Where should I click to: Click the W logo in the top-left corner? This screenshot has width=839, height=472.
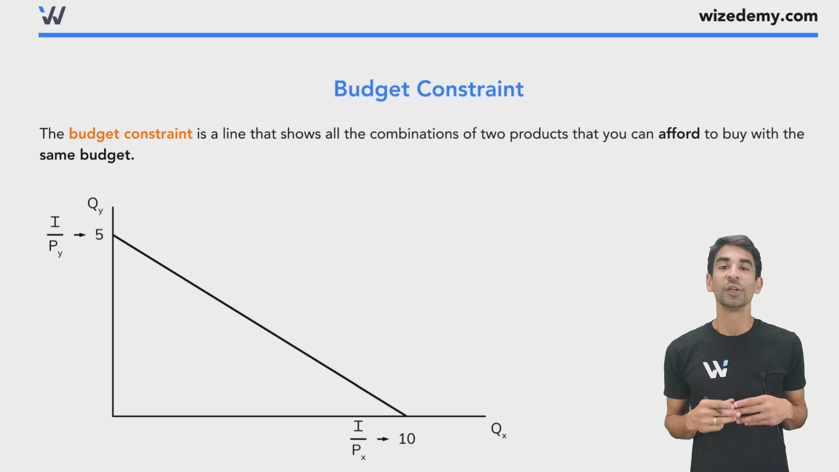click(x=52, y=16)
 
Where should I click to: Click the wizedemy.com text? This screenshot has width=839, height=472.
click(x=758, y=16)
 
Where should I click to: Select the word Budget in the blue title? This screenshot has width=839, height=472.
click(x=371, y=89)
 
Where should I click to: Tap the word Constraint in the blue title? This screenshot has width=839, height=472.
click(x=470, y=89)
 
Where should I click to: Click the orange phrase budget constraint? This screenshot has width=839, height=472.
click(x=130, y=134)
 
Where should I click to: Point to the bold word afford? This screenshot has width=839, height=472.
click(x=679, y=134)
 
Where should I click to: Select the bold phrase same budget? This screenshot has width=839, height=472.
click(x=87, y=155)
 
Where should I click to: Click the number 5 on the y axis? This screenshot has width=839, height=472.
click(x=99, y=235)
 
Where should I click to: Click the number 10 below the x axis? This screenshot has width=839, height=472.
click(x=406, y=439)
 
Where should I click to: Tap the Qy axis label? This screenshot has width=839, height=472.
click(x=95, y=205)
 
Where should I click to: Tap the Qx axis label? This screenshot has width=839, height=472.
click(x=498, y=430)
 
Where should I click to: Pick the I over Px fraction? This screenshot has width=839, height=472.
click(x=358, y=439)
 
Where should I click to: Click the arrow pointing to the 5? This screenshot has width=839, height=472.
click(x=80, y=235)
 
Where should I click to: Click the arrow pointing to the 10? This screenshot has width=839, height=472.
click(x=383, y=439)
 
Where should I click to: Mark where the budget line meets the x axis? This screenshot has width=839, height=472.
click(x=406, y=416)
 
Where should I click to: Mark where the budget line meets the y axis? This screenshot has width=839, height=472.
click(x=113, y=236)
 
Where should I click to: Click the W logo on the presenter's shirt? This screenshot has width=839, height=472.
click(x=716, y=369)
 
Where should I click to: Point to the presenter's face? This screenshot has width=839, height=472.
click(x=734, y=275)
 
